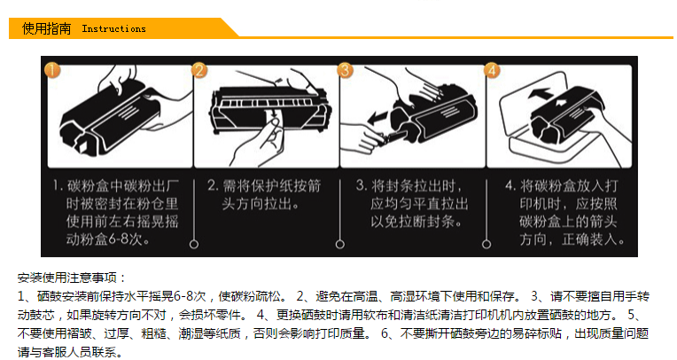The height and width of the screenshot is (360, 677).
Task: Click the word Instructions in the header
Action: click(x=114, y=29)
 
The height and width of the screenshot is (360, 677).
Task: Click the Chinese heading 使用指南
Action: click(x=46, y=28)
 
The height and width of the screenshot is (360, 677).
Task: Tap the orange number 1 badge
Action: click(x=52, y=70)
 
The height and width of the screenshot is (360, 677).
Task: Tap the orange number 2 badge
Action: click(x=199, y=70)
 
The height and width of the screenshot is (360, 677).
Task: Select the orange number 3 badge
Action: click(x=345, y=70)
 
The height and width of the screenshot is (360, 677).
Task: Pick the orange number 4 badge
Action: click(x=492, y=70)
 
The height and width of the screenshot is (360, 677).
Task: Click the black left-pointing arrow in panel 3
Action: click(x=377, y=117)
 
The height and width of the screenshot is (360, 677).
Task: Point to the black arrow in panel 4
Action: click(x=540, y=93)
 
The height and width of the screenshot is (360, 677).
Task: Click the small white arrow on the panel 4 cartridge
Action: click(x=561, y=103)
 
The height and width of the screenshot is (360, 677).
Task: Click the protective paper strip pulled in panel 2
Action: click(x=273, y=120)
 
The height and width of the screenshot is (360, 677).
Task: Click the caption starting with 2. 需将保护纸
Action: click(x=264, y=194)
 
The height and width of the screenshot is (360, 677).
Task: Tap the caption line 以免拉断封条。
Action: click(x=416, y=222)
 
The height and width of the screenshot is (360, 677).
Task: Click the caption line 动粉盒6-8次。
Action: click(x=108, y=239)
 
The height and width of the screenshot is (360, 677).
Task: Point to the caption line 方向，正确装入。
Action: click(x=572, y=239)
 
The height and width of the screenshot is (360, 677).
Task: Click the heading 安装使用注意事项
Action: click(x=67, y=278)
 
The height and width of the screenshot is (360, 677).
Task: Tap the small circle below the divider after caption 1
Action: click(x=194, y=244)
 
